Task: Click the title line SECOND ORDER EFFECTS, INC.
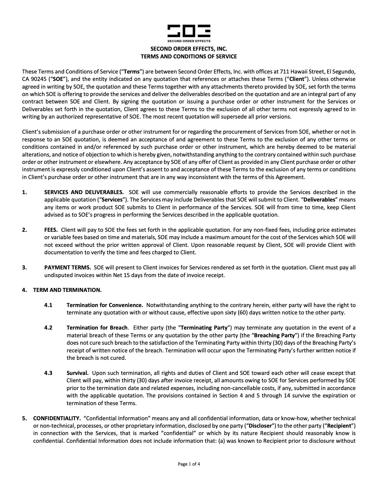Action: (189, 49)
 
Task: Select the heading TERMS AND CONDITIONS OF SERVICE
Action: (189, 57)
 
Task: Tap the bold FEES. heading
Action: (51, 230)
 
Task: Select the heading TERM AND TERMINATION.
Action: (67, 290)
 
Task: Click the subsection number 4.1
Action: (48, 305)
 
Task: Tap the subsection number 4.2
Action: (48, 327)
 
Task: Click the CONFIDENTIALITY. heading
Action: (57, 418)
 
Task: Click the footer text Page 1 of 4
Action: (189, 464)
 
